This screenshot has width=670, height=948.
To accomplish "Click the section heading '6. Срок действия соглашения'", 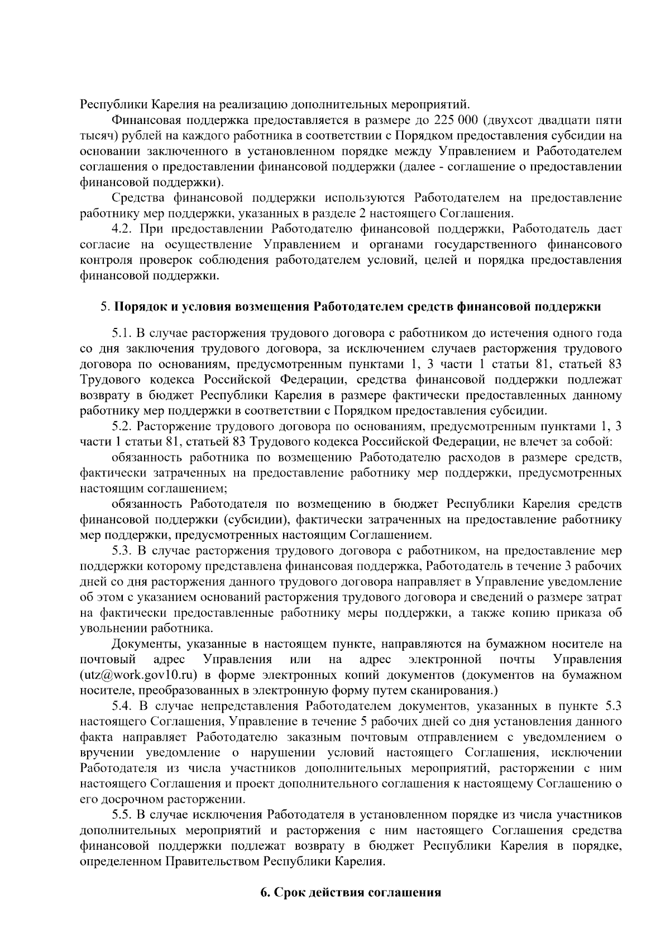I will point(351,892).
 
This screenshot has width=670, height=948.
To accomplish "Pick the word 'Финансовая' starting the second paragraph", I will point(146,120).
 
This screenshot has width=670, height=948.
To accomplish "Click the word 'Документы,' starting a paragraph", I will point(145,645).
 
